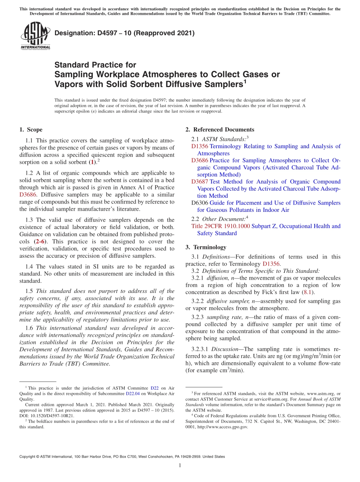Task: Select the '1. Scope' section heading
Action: point(31,130)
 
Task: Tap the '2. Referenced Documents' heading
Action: point(220,130)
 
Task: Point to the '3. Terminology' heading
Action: point(206,247)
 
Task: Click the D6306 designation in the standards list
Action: point(200,203)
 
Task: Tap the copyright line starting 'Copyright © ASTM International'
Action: point(122,457)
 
